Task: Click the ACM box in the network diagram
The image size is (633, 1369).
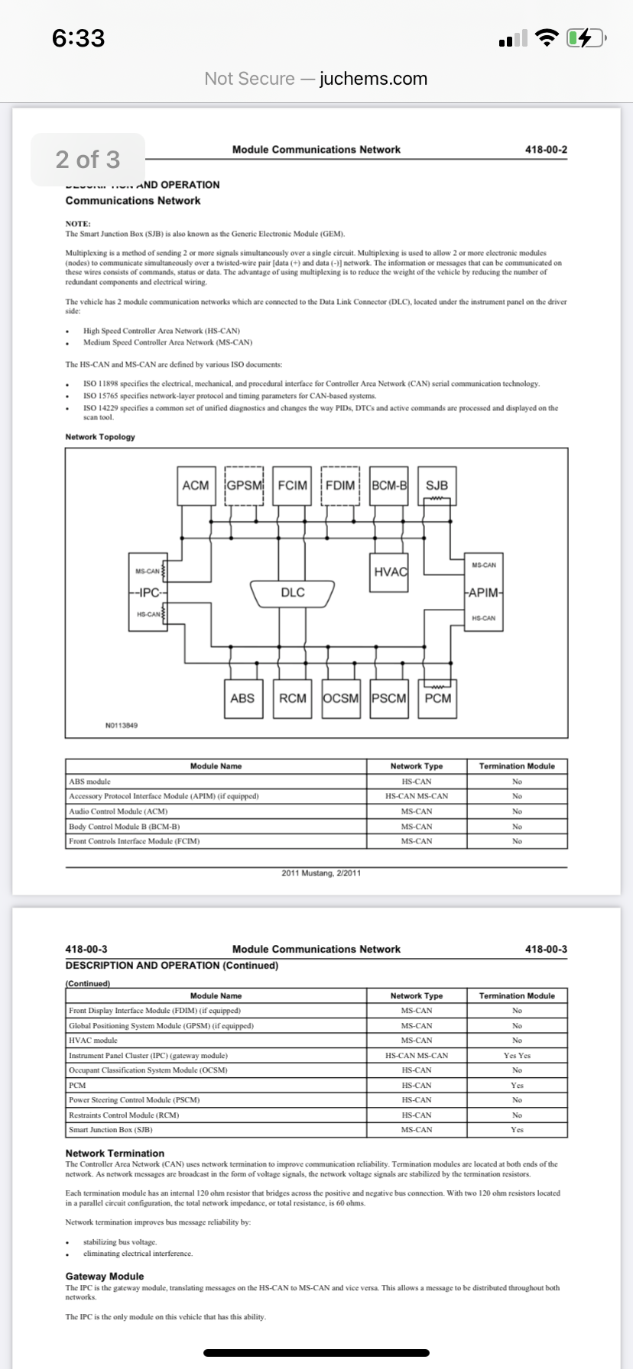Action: tap(196, 485)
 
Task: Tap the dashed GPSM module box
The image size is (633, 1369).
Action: tap(245, 485)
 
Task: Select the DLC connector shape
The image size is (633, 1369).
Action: tap(293, 593)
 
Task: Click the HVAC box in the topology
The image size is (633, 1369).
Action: tap(390, 572)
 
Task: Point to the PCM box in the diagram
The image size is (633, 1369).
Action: tap(437, 698)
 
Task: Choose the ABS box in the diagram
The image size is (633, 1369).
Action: tap(242, 698)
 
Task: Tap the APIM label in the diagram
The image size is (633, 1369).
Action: tap(484, 592)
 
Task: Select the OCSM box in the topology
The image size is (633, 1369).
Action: tap(341, 698)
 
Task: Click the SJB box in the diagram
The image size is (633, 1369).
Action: tap(437, 485)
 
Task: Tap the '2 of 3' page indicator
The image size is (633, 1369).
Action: tap(88, 160)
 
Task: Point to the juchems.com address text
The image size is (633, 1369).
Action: tap(373, 79)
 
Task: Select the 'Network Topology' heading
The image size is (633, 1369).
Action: tap(100, 437)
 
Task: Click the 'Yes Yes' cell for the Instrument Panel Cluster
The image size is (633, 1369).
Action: tap(517, 1055)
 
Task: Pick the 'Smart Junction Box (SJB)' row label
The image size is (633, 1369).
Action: tap(111, 1130)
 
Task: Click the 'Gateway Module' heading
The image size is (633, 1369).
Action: tap(105, 1276)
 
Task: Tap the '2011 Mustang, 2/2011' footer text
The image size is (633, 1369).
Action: tap(321, 873)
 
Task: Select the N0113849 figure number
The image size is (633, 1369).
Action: tap(122, 725)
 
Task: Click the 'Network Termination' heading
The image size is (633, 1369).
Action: tap(115, 1153)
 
